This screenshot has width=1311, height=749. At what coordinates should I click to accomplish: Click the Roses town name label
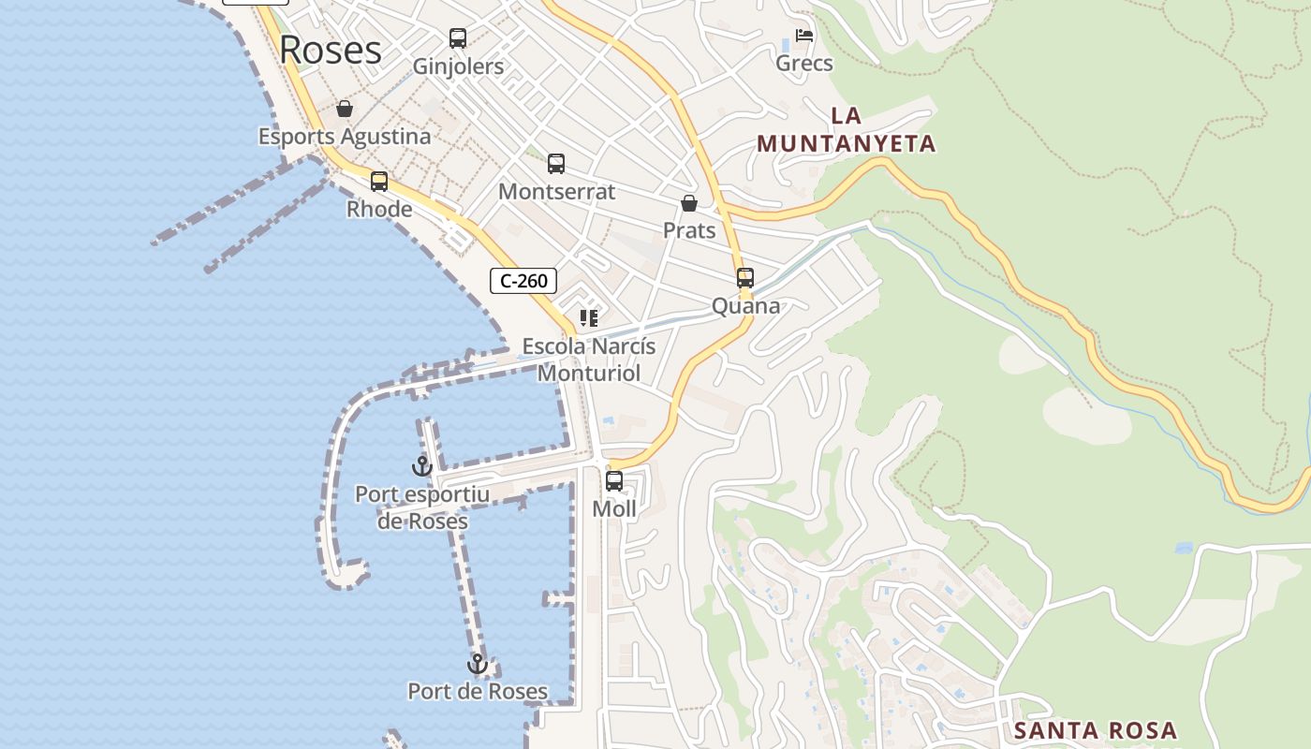point(331,50)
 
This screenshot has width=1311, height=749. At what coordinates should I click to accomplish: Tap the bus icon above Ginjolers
point(458,38)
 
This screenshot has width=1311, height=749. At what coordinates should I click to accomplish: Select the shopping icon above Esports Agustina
point(345,109)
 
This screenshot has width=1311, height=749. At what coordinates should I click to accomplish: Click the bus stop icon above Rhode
point(379,182)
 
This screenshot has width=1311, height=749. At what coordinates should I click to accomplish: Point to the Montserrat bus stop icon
point(556,164)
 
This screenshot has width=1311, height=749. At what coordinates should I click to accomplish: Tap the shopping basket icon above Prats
point(689,203)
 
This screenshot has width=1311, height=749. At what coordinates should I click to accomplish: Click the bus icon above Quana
point(745,278)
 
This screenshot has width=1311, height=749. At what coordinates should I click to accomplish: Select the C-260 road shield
point(523,280)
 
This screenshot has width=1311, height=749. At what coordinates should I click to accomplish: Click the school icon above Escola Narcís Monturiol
point(588,318)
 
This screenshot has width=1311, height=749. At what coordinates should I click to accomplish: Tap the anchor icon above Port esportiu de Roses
point(422,465)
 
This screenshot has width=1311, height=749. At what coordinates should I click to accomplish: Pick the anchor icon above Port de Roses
point(478,664)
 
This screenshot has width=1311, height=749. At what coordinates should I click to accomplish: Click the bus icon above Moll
point(614,481)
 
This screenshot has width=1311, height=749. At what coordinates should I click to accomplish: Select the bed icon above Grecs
point(804,36)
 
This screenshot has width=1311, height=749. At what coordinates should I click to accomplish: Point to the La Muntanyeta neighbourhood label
point(847,129)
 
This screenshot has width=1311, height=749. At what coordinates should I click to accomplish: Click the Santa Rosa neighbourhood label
point(1096,730)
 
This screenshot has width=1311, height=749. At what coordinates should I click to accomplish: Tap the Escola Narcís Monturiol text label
point(588,360)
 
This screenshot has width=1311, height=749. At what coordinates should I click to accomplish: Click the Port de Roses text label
point(478,692)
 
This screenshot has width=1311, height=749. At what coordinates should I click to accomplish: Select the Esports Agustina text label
point(345,137)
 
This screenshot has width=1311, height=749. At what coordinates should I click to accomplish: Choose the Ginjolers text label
point(459,66)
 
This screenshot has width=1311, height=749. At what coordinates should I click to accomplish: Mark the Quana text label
point(745,306)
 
